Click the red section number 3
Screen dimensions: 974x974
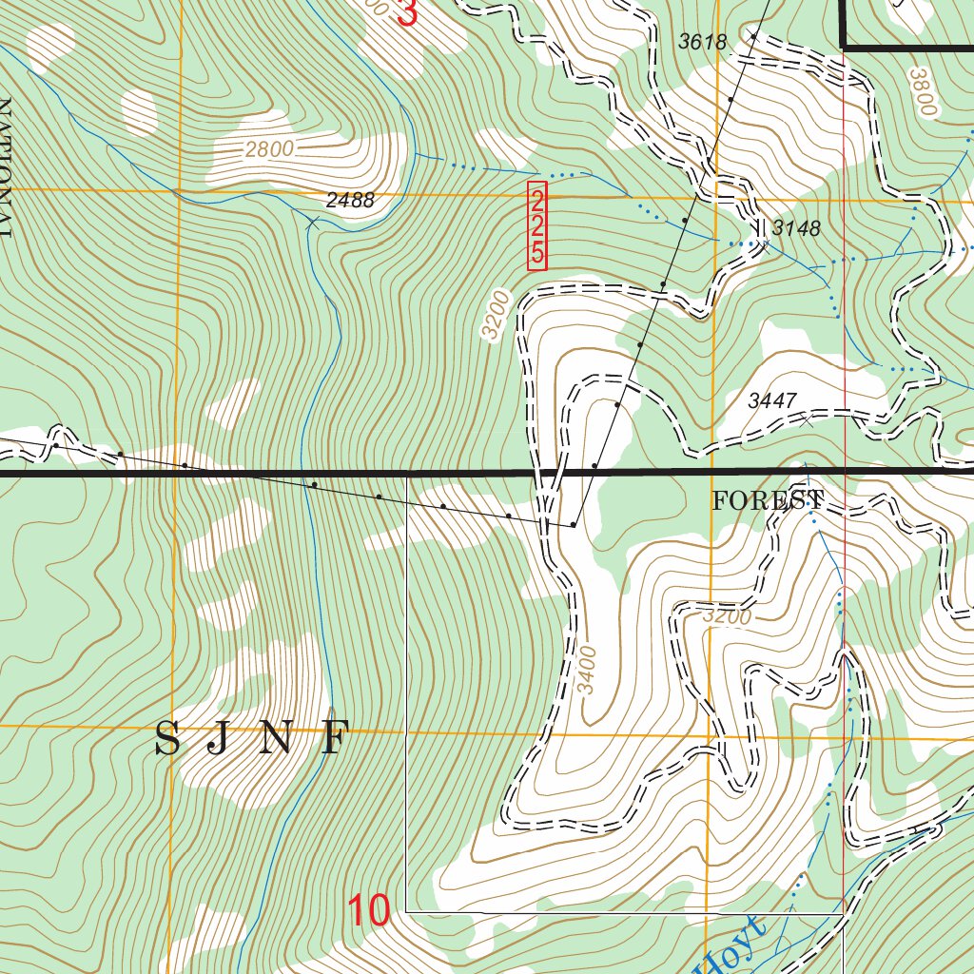[407, 13]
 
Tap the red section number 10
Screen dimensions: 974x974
[368, 911]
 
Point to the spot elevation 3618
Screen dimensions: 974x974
[702, 42]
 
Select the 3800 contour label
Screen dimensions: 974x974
[923, 92]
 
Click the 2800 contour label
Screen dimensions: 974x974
[269, 149]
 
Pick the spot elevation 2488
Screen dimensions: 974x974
[350, 201]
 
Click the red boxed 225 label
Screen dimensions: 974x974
[537, 226]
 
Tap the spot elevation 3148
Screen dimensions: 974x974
[795, 228]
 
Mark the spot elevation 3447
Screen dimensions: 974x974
[770, 401]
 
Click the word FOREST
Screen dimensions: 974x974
[768, 500]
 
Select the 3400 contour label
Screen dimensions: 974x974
[588, 670]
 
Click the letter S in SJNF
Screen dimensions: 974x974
[167, 739]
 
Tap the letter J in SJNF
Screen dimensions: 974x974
[219, 739]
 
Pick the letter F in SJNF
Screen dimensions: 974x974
[333, 739]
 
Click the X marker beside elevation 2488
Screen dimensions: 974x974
[313, 223]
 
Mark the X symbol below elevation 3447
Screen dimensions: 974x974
[807, 421]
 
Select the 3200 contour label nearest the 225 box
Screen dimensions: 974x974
[496, 315]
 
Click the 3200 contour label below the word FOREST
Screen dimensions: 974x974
[728, 616]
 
